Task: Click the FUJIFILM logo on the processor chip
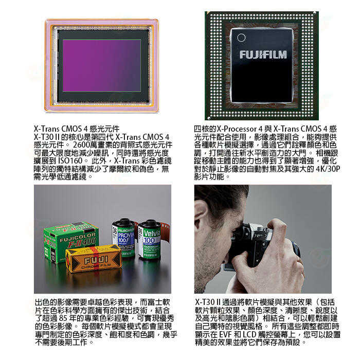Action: (x=263, y=55)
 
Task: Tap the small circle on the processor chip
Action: (x=241, y=38)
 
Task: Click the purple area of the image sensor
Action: (x=102, y=66)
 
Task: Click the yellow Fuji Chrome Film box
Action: (x=94, y=259)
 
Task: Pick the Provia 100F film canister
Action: (x=123, y=237)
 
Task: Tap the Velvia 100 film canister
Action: (x=151, y=240)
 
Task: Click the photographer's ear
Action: (x=200, y=218)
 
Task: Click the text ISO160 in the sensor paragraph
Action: (x=70, y=160)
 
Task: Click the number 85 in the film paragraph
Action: (x=63, y=318)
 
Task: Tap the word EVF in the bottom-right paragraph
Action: (x=226, y=334)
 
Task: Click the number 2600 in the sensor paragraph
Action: (x=82, y=145)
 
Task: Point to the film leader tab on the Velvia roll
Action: (x=166, y=232)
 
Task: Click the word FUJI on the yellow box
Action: (x=96, y=260)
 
